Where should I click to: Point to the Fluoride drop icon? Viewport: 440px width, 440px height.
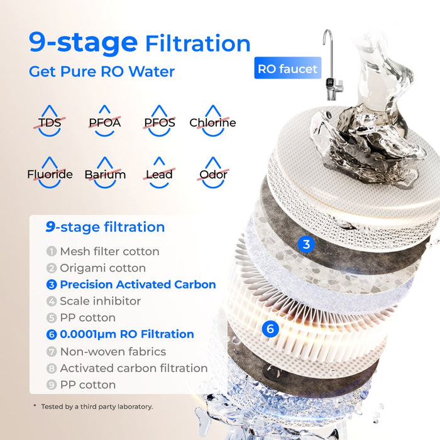tap(50, 172)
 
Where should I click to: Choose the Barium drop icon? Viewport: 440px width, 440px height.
tap(105, 172)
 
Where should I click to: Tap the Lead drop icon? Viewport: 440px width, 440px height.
tap(159, 172)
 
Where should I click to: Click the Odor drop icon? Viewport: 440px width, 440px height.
tap(213, 172)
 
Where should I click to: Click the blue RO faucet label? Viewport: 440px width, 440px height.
tap(287, 69)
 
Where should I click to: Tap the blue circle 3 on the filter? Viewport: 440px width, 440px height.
tap(306, 245)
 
